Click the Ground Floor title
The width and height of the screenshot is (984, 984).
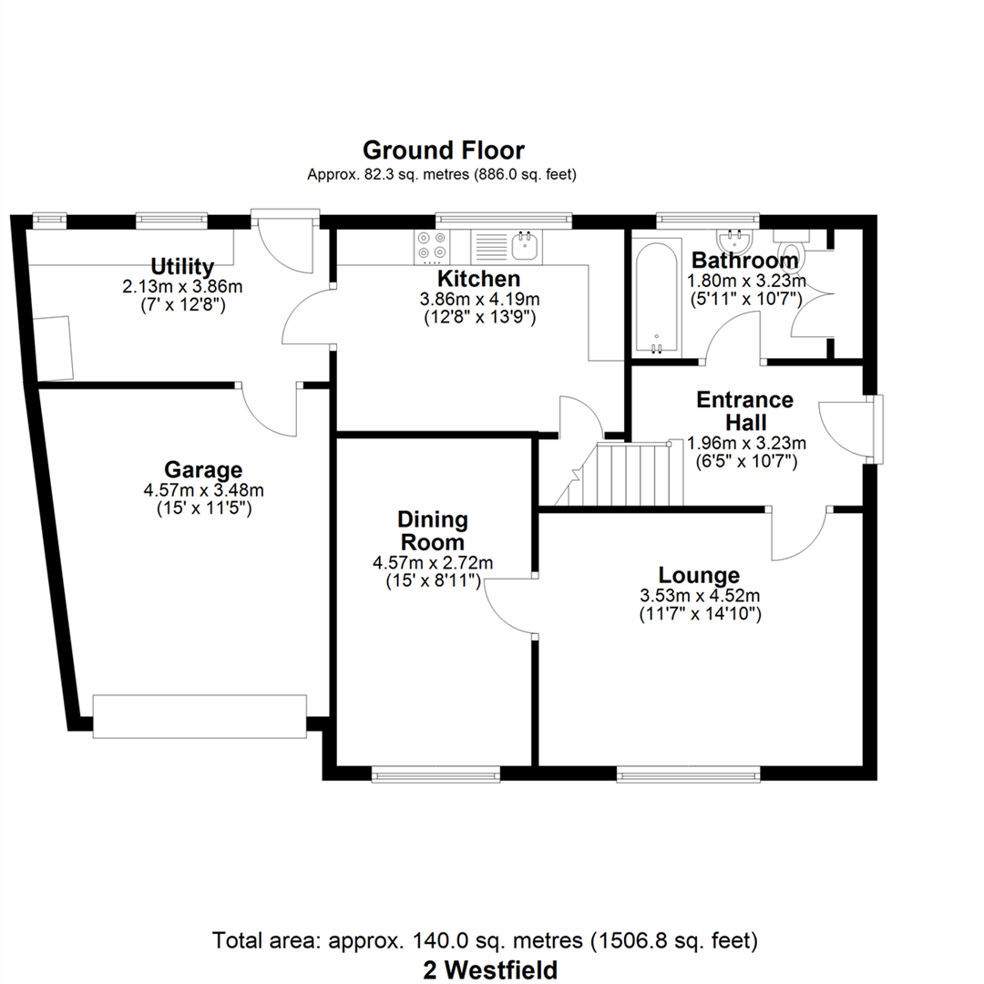(x=443, y=150)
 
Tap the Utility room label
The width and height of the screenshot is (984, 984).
(x=182, y=267)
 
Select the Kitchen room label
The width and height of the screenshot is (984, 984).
(x=479, y=279)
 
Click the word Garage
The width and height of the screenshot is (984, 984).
(x=203, y=470)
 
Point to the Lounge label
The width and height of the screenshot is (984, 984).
(x=699, y=576)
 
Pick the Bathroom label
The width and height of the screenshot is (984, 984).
(x=745, y=260)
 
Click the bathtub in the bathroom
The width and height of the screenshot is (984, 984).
(x=656, y=297)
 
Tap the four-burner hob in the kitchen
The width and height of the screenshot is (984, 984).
(x=433, y=246)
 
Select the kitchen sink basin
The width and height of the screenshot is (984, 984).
(x=526, y=246)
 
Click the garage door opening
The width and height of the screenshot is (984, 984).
(x=200, y=716)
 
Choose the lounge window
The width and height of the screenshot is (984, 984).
(x=689, y=775)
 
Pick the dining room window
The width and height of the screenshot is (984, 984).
(x=436, y=775)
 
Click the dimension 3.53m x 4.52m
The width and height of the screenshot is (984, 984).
(x=700, y=595)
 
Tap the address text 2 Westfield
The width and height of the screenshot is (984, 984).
(x=490, y=970)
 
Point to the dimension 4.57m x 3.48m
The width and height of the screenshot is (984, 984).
(x=203, y=489)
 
